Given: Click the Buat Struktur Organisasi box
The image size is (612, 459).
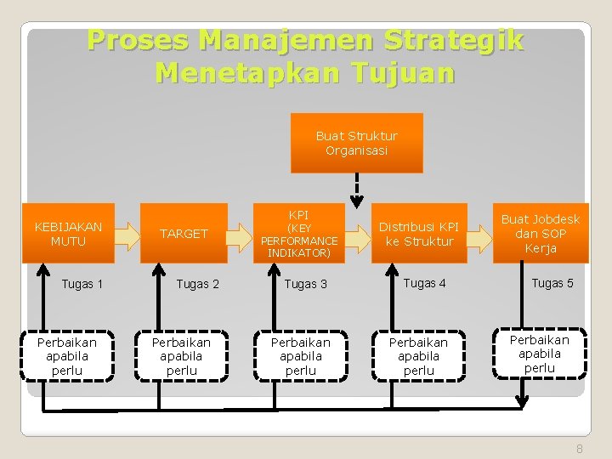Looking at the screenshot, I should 356,143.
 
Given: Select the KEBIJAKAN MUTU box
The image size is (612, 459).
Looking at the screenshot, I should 68,234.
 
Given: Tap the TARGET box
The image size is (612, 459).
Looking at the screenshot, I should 184,234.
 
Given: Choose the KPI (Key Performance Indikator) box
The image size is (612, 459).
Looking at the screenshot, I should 298,234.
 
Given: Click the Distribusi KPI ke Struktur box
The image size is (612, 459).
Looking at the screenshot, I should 418,234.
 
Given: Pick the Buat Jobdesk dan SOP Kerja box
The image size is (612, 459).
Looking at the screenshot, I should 540,234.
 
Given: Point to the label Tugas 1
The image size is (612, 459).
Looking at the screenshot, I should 82,284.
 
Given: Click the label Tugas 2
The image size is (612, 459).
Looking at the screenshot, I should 197,284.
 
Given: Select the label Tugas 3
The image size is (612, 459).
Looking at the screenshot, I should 306,284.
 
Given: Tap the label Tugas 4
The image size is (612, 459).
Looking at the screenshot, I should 424,283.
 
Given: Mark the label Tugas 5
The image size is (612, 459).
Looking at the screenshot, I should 552,283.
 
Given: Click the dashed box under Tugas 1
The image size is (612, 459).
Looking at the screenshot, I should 67,356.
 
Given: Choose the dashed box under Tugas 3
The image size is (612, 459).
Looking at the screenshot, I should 300,356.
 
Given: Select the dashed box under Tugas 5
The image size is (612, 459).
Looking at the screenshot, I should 540,353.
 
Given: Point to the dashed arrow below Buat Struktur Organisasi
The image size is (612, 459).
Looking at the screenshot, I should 357,186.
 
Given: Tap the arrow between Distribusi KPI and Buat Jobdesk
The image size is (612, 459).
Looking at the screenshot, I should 480,235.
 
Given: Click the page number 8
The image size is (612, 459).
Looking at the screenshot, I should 580,449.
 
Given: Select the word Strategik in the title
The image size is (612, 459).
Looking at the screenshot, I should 454,40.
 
